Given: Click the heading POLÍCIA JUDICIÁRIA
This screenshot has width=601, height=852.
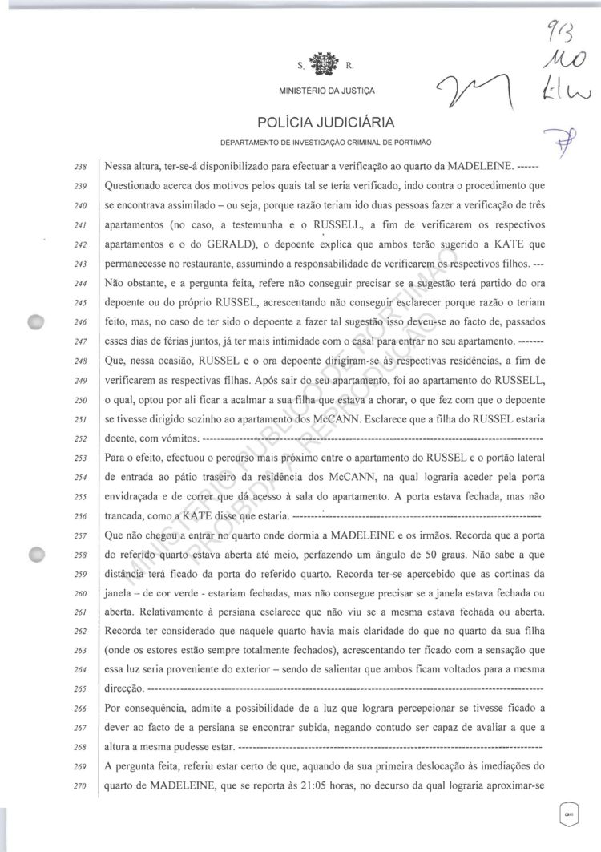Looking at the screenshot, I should tap(324, 123).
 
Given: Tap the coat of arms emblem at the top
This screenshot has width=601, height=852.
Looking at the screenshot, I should tap(325, 65).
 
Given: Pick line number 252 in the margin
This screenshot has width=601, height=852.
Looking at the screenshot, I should tap(79, 440).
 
